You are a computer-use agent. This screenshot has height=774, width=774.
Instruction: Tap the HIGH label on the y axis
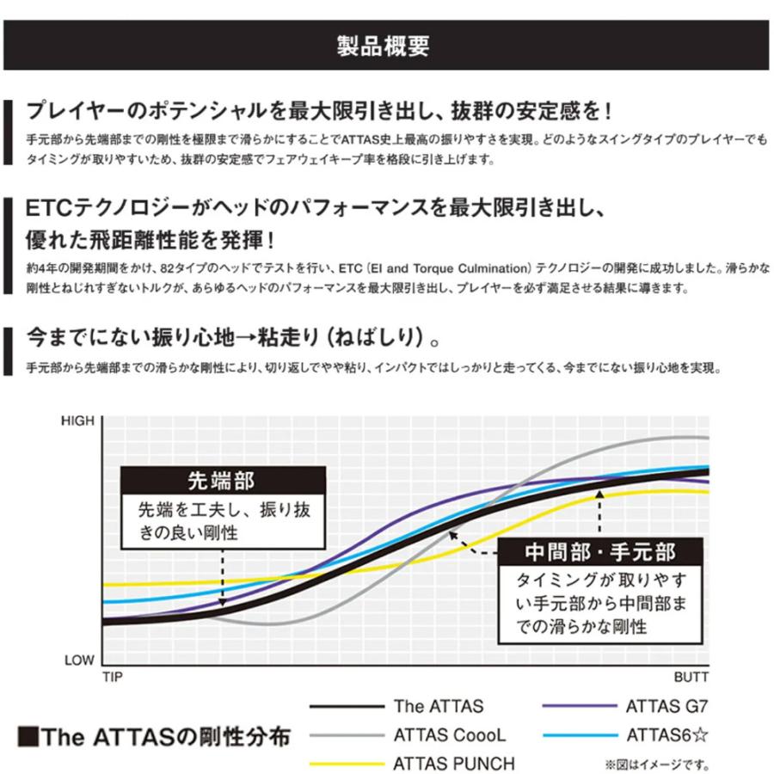tap(81, 421)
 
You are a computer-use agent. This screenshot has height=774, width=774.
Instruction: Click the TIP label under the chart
tap(112, 679)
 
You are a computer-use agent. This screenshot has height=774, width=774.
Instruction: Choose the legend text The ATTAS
tap(439, 707)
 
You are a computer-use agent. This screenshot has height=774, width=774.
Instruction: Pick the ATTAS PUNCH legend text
tap(454, 764)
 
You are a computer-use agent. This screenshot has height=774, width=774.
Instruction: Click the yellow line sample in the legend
tap(347, 764)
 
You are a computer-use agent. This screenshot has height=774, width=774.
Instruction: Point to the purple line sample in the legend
tap(580, 707)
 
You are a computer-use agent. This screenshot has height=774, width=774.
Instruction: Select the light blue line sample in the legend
tap(580, 735)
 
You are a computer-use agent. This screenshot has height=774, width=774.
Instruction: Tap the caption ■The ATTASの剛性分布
tap(153, 737)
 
